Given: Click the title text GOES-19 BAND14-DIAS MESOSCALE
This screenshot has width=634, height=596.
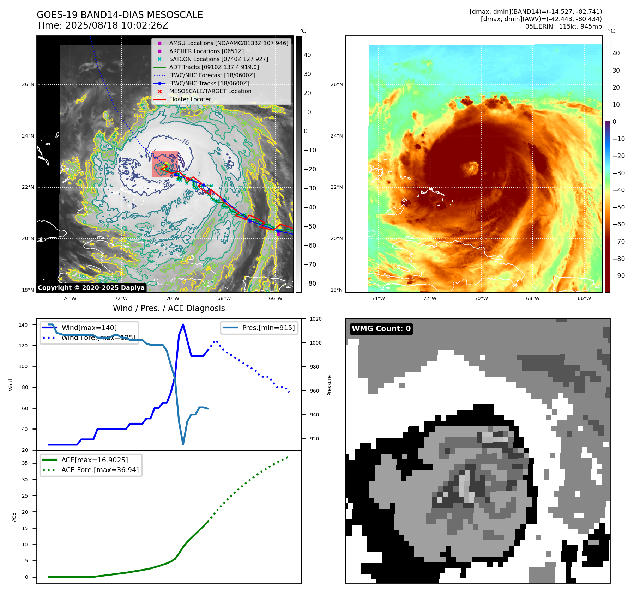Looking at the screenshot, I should tap(120, 15).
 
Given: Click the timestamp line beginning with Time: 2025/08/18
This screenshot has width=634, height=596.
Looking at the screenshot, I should tap(102, 25).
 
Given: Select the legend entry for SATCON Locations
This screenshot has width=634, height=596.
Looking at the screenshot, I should tap(218, 59).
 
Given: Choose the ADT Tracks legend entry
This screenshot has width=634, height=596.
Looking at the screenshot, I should tap(214, 67).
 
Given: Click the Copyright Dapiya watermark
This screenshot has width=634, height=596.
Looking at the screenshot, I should tap(91, 288).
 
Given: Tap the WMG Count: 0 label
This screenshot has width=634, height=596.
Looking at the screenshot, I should tap(381, 329).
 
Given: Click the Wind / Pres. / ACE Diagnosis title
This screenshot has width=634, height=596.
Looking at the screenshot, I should tap(169, 308).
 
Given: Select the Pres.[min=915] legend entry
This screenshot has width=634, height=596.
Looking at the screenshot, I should tap(268, 328).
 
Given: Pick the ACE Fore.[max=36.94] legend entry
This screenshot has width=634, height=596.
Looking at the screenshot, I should tap(100, 470).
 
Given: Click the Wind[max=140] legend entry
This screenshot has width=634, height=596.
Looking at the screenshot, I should tap(89, 328).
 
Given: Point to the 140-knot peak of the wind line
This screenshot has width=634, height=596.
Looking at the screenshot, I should tap(183, 324).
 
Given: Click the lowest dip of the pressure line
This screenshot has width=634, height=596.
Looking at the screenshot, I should tap(183, 444).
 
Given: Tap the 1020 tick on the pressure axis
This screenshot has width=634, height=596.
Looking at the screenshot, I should tap(315, 319).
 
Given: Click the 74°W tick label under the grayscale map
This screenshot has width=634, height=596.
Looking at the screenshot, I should tap(70, 298).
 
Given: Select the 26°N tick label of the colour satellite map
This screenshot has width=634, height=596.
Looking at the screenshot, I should tap(337, 84).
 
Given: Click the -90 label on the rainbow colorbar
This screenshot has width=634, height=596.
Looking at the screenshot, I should tap(618, 276).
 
